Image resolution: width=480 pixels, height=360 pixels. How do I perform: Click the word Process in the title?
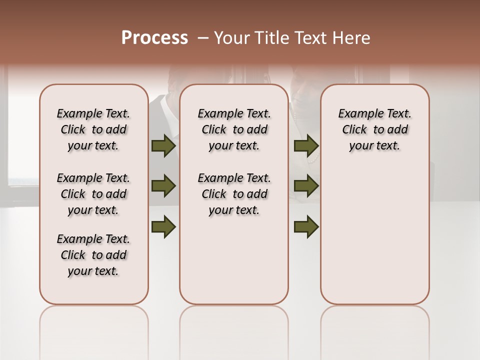154,38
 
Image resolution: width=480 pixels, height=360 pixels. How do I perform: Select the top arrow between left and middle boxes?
163,146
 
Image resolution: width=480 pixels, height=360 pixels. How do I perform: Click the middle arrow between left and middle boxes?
163,186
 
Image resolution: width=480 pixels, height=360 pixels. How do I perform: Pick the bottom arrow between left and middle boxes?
163,227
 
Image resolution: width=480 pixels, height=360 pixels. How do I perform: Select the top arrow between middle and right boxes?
306,146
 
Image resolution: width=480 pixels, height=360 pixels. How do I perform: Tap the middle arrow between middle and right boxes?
306,186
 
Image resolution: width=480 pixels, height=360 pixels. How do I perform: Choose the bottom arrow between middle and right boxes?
306,227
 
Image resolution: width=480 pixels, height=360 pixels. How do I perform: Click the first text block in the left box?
93,129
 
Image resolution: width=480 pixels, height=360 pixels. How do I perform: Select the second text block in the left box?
93,194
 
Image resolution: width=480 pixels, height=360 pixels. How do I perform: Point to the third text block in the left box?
93,255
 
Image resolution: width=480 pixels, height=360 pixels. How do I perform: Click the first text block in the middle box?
234,129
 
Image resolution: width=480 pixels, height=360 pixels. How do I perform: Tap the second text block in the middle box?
234,194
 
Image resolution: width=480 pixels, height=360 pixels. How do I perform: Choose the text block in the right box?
374,129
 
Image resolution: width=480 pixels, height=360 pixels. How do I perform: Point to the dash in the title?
202,38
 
